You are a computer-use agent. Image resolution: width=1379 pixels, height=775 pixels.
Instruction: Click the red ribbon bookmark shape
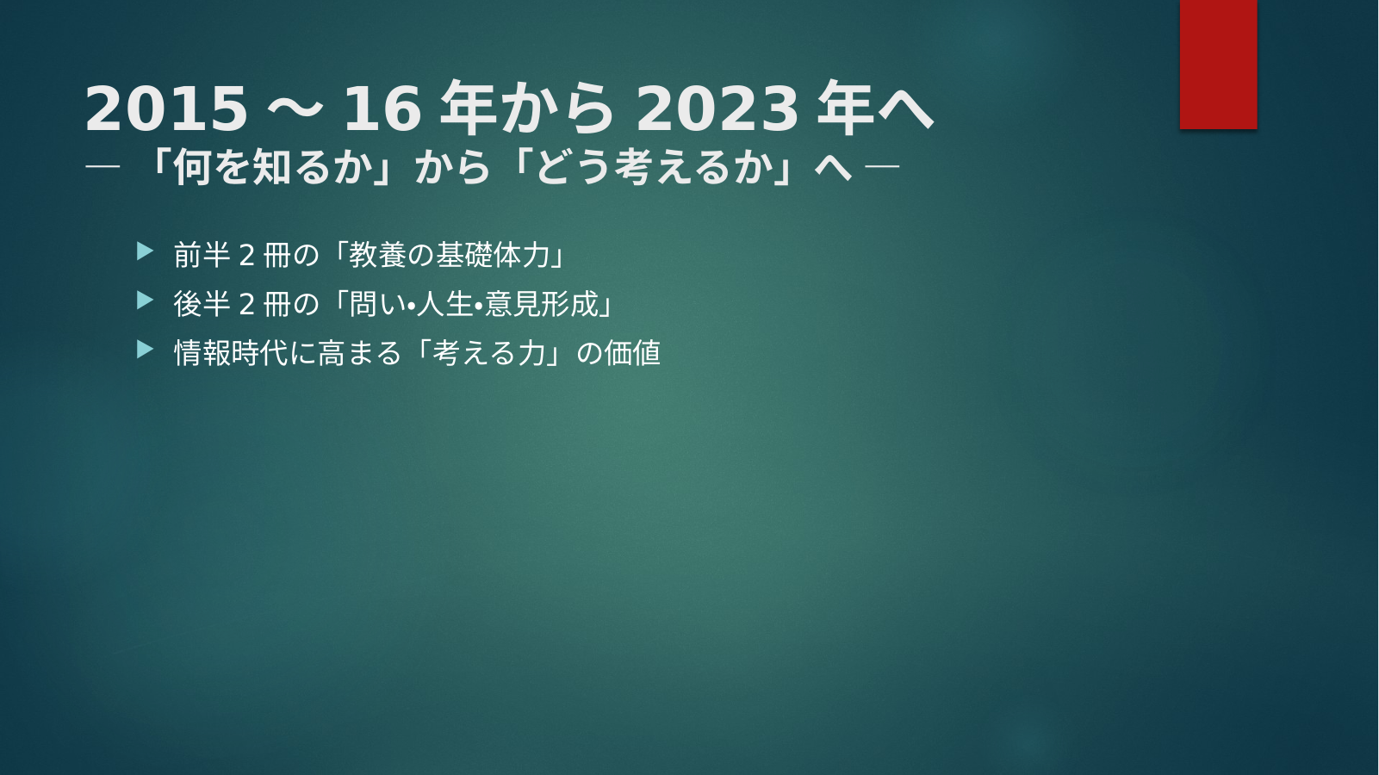click(x=1218, y=64)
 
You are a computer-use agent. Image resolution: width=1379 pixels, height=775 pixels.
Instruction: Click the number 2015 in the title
click(x=166, y=109)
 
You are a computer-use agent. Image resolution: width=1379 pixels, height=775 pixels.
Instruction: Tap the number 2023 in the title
click(x=717, y=109)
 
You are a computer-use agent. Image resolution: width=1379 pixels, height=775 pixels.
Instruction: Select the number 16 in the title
click(x=382, y=109)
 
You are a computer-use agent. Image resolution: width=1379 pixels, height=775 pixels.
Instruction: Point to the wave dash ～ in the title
click(x=295, y=109)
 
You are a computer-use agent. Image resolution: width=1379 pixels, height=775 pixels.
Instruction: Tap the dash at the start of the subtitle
click(x=102, y=166)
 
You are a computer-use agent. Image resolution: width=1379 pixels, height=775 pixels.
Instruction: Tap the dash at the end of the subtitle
click(x=882, y=166)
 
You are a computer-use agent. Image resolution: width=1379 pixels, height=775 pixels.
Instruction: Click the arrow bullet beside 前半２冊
click(x=145, y=251)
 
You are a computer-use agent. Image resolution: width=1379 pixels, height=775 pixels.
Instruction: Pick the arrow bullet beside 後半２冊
click(x=145, y=301)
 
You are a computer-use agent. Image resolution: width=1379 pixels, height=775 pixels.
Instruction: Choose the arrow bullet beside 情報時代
click(x=145, y=350)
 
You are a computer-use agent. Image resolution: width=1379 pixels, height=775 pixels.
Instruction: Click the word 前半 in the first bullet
click(x=202, y=255)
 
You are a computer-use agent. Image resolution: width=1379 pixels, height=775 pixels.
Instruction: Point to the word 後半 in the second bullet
click(x=202, y=304)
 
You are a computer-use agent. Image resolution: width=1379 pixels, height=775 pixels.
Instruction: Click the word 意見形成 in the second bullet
click(x=542, y=304)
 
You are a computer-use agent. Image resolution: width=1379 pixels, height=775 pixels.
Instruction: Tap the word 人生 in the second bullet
click(x=444, y=304)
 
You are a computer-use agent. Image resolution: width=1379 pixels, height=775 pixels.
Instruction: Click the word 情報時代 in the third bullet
click(x=231, y=353)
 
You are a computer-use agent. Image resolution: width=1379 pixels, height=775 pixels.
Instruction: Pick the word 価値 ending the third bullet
click(x=632, y=353)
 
